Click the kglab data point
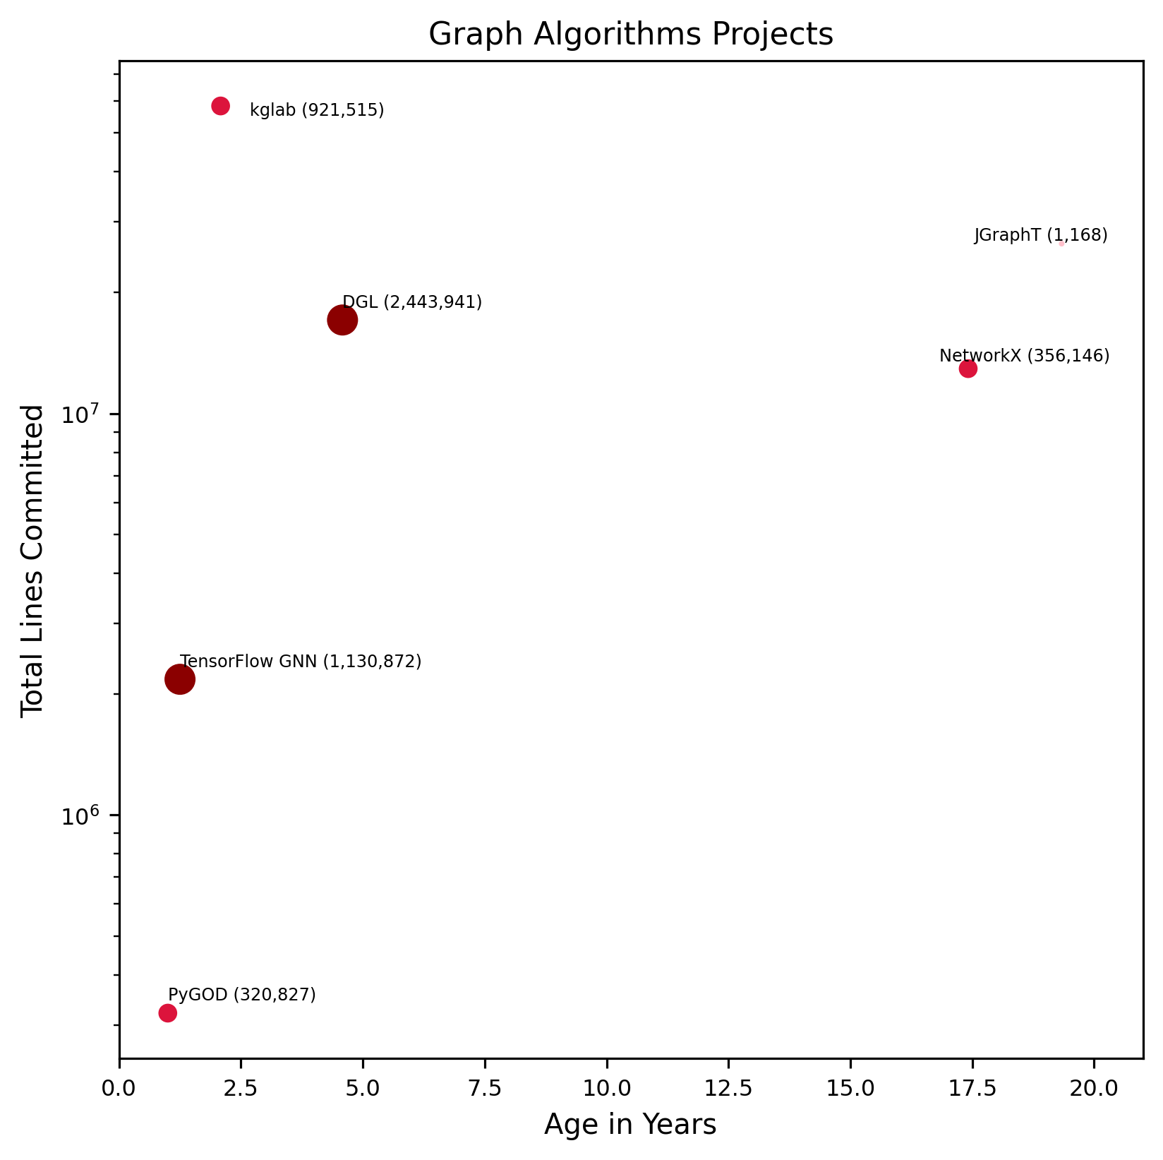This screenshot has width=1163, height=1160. (x=220, y=106)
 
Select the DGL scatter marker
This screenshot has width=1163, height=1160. (x=342, y=321)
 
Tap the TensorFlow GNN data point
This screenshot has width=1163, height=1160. (x=180, y=680)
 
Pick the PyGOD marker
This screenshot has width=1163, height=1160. (x=167, y=1013)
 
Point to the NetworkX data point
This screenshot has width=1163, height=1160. (x=968, y=369)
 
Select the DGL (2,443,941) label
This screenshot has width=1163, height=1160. (x=412, y=302)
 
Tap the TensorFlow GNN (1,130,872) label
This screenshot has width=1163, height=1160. (x=301, y=662)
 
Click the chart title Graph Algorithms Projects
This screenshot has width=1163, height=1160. (x=631, y=35)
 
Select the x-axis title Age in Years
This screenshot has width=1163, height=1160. (x=630, y=1125)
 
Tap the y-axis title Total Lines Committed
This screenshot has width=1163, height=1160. (x=32, y=561)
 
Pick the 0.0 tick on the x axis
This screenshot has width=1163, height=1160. (x=119, y=1087)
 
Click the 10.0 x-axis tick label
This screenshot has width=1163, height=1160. (x=606, y=1087)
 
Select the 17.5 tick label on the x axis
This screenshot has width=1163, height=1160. (x=972, y=1087)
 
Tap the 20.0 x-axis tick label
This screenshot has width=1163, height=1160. (x=1094, y=1087)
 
